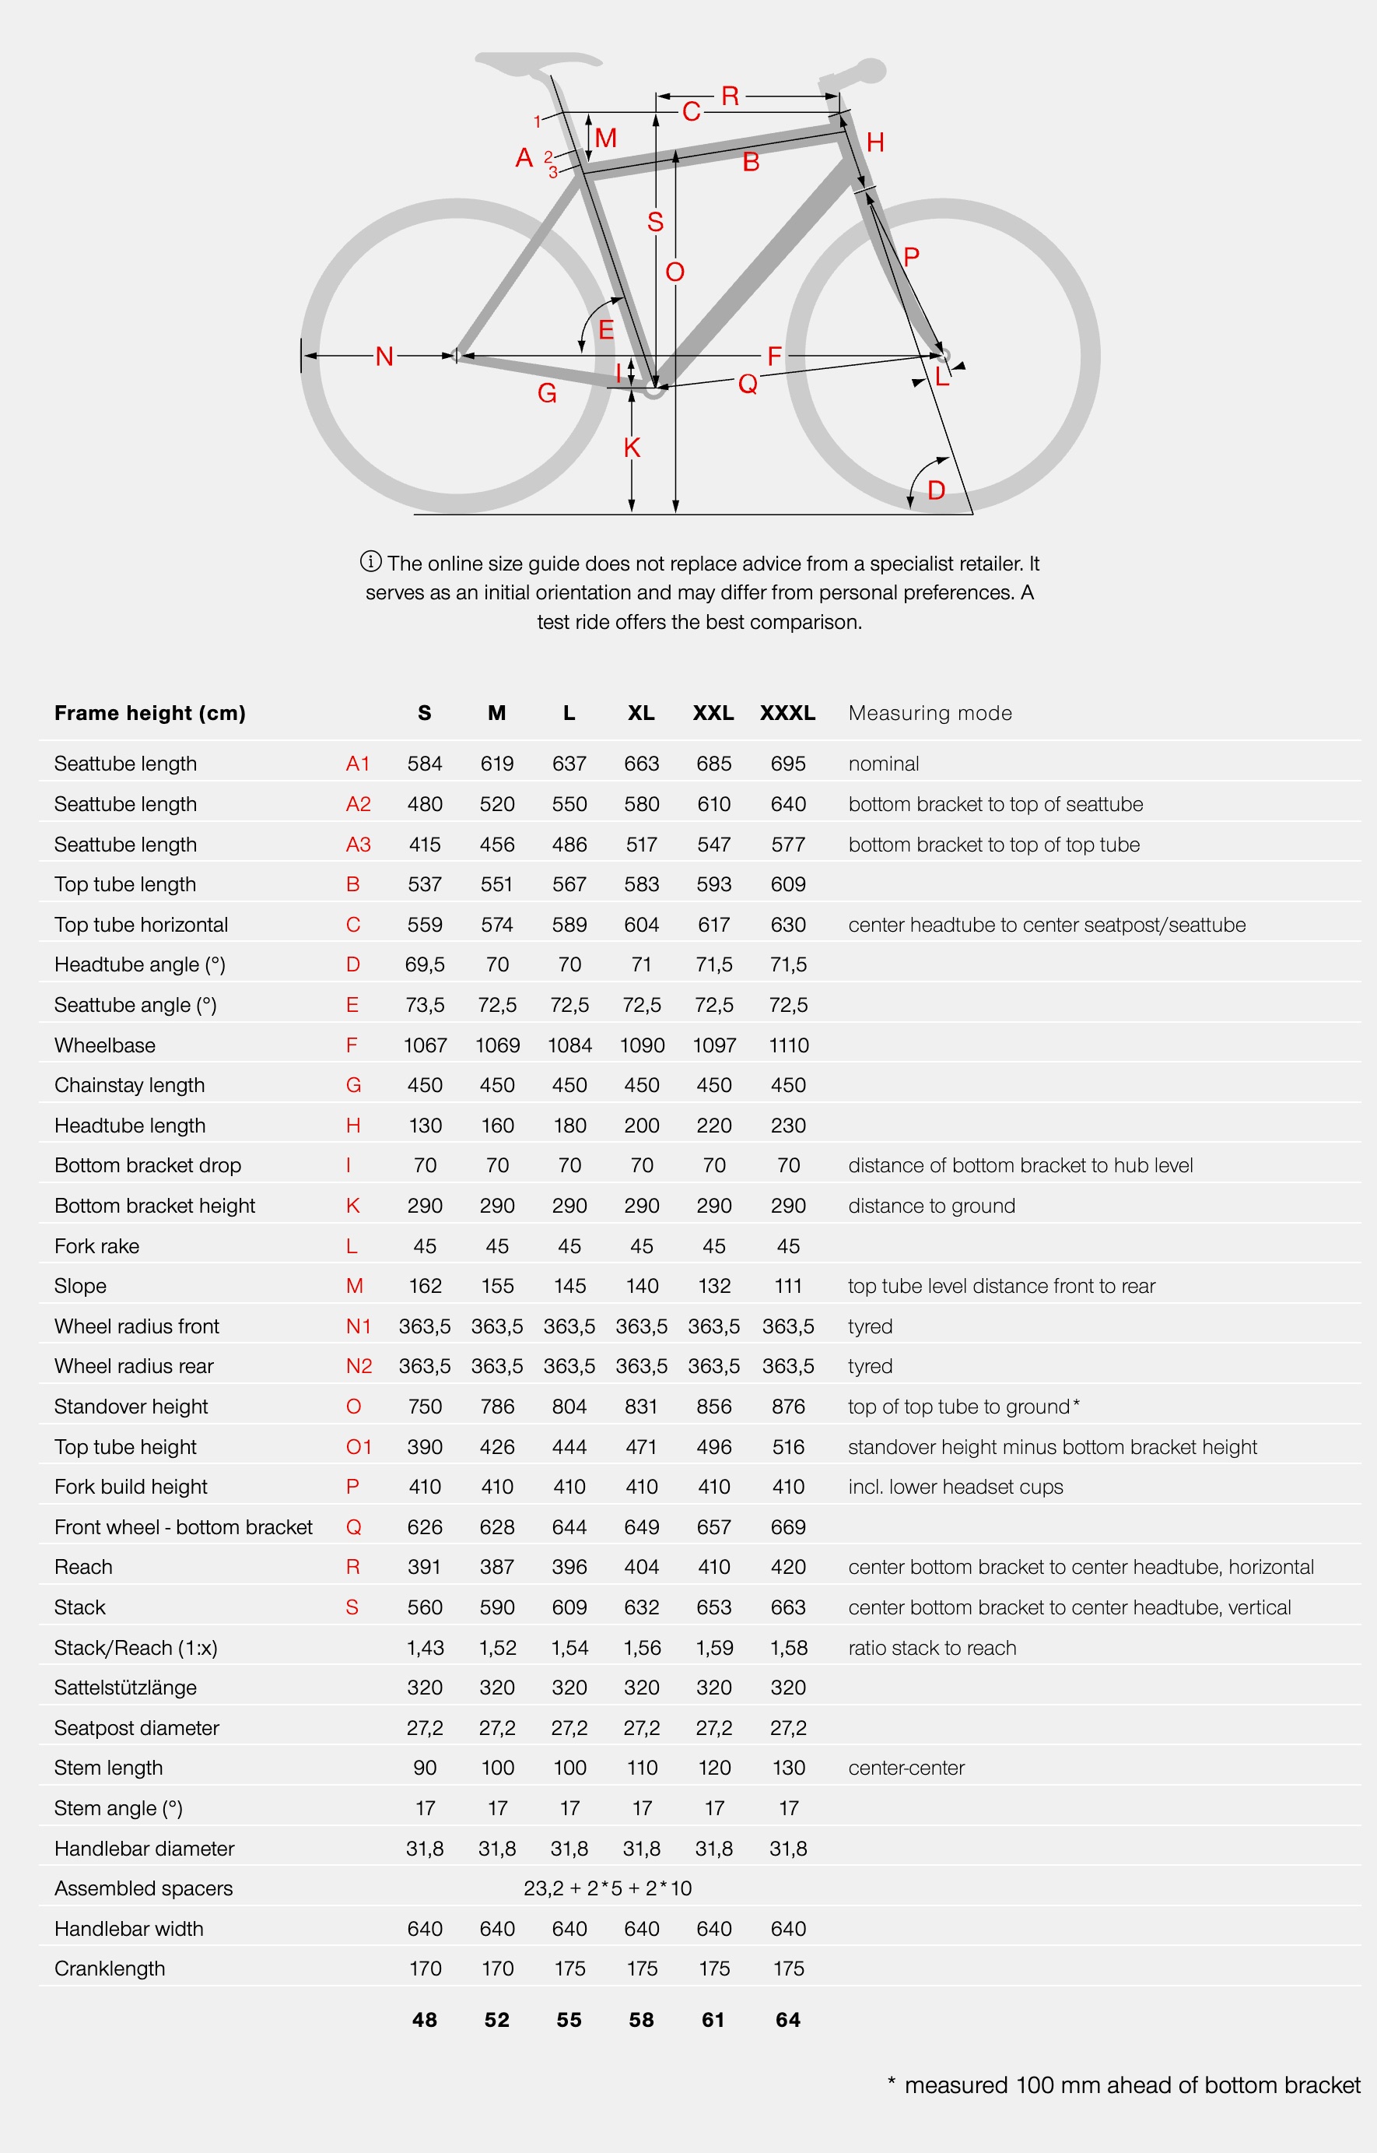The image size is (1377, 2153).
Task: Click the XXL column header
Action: pyautogui.click(x=713, y=713)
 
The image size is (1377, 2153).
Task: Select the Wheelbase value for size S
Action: pyautogui.click(x=425, y=1045)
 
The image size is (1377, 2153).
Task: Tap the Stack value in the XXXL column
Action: pyautogui.click(x=788, y=1607)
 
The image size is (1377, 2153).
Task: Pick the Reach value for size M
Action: pyautogui.click(x=496, y=1567)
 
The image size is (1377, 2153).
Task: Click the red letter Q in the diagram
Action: pyautogui.click(x=748, y=384)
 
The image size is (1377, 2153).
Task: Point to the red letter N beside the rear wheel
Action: pyautogui.click(x=384, y=357)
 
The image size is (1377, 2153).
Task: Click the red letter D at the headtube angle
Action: pyautogui.click(x=936, y=490)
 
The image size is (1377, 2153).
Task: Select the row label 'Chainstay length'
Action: pyautogui.click(x=130, y=1085)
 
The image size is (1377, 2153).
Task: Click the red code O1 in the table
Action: pyautogui.click(x=358, y=1446)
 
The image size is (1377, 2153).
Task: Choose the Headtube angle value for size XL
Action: pyautogui.click(x=641, y=964)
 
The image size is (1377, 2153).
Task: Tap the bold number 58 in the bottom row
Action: pyautogui.click(x=641, y=2020)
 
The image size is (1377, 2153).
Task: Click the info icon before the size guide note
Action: pyautogui.click(x=370, y=562)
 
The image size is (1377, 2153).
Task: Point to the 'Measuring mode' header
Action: pyautogui.click(x=930, y=713)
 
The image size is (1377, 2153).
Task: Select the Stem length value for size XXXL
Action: pyautogui.click(x=788, y=1768)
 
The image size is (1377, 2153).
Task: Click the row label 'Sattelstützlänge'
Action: pyautogui.click(x=125, y=1688)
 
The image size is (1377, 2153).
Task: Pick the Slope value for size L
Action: pyautogui.click(x=569, y=1285)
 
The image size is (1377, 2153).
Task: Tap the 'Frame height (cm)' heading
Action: pyautogui.click(x=149, y=713)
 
